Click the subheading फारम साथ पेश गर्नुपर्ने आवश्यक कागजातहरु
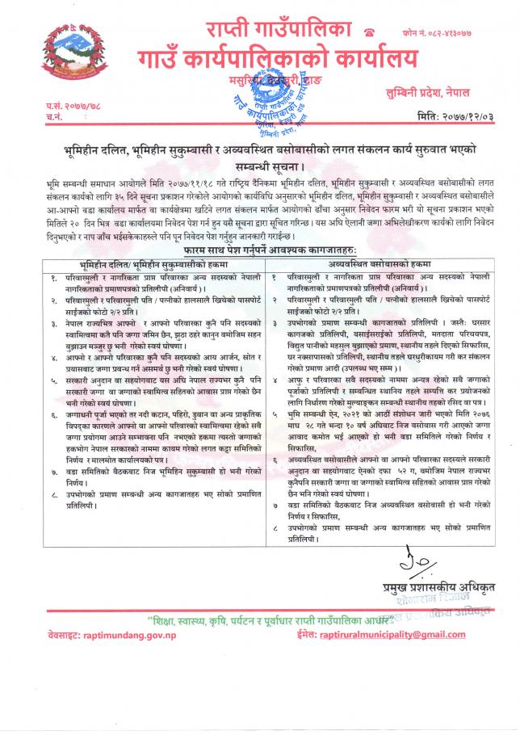(x=260, y=251)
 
